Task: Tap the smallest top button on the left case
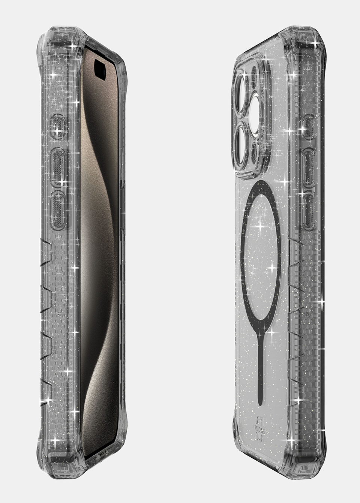click(57, 125)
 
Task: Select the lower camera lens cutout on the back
click(244, 141)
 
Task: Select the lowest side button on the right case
click(310, 210)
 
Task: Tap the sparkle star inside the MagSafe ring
click(259, 227)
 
